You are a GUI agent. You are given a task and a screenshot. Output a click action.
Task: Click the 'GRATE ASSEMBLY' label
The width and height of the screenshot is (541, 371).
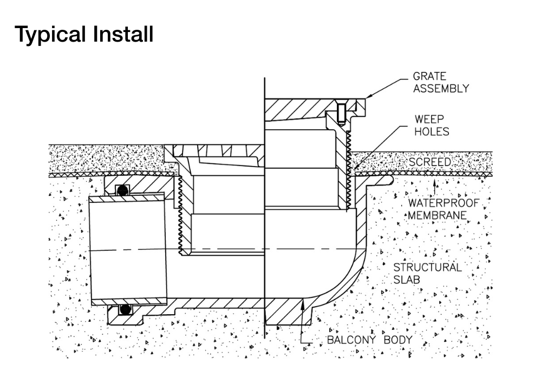tap(440, 83)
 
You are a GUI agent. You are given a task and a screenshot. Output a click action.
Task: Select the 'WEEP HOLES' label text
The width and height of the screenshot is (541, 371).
tap(432, 125)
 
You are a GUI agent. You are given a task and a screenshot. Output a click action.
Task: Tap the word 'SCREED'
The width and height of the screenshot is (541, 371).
tap(430, 162)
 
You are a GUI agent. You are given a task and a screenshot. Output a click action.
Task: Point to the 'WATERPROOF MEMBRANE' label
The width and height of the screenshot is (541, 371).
tap(443, 209)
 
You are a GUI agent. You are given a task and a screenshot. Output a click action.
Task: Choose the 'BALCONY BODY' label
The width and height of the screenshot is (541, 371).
tap(369, 340)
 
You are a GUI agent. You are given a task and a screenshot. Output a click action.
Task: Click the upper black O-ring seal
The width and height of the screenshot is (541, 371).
tap(124, 190)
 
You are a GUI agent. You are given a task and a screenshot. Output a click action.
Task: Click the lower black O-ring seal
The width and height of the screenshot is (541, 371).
tap(126, 309)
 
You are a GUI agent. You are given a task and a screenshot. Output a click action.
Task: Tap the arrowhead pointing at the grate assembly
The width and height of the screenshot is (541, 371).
tap(367, 97)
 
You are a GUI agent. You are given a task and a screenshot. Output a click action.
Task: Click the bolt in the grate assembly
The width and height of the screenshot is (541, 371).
tap(341, 114)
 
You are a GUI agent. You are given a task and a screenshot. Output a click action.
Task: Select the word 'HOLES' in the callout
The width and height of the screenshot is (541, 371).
tap(432, 131)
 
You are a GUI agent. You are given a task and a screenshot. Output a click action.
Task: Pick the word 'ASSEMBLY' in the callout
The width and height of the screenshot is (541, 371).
tap(441, 89)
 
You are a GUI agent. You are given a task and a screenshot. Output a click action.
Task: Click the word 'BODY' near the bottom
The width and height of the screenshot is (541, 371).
tap(398, 340)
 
